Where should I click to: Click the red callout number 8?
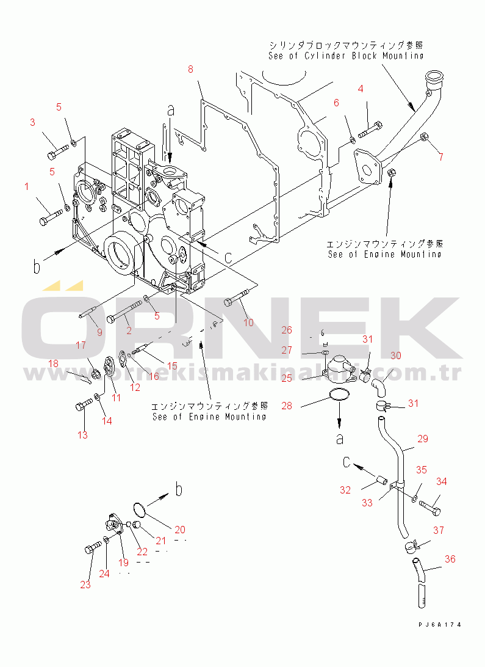click(190, 70)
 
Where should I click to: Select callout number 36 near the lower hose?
click(450, 559)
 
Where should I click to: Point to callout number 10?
click(248, 323)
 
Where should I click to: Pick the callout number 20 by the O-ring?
click(180, 530)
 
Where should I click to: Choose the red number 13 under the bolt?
click(82, 435)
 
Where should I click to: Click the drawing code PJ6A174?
click(439, 625)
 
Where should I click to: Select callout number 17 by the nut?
click(81, 346)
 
